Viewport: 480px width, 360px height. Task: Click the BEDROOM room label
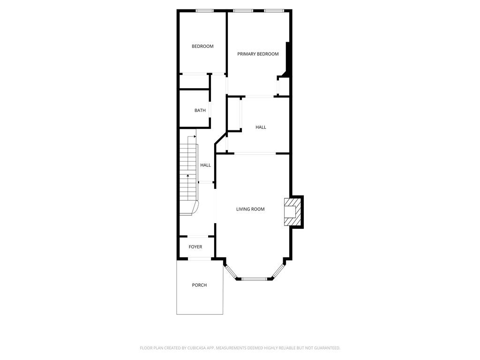click(x=202, y=46)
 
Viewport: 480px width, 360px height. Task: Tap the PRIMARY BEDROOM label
click(x=258, y=54)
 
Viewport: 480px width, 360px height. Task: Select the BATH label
click(x=200, y=111)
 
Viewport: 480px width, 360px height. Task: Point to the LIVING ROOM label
click(x=250, y=209)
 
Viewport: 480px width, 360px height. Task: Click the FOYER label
click(x=195, y=247)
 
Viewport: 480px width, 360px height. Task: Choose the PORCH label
click(x=199, y=285)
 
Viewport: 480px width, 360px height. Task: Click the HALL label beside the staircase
click(x=205, y=165)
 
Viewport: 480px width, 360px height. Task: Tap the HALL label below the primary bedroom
click(x=261, y=127)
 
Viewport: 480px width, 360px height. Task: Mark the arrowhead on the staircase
click(x=188, y=175)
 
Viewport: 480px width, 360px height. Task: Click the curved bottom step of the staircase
click(x=189, y=208)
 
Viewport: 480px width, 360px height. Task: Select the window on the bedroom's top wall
click(x=205, y=10)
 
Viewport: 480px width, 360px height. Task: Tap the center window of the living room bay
click(x=254, y=279)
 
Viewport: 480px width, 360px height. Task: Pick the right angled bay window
click(x=278, y=271)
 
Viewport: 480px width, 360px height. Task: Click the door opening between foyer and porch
click(x=200, y=258)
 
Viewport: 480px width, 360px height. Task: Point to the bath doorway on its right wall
click(x=210, y=109)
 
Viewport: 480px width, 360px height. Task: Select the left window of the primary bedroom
click(x=243, y=10)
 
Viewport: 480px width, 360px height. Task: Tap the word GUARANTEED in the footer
click(x=325, y=348)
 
